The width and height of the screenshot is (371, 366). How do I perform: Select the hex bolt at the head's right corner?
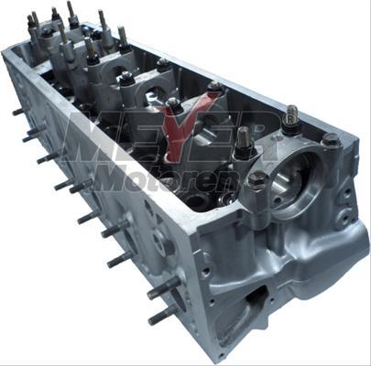pyautogui.click(x=332, y=140)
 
